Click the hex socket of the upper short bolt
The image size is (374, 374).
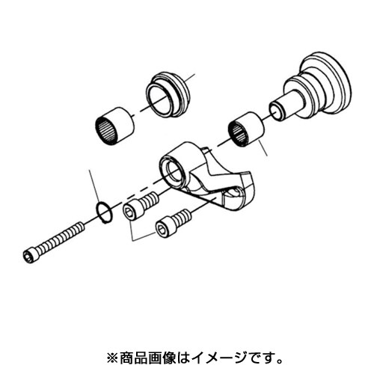[129, 212]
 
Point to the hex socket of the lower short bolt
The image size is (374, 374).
[161, 228]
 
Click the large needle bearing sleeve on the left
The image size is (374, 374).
[114, 125]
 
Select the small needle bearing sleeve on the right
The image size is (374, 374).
[246, 129]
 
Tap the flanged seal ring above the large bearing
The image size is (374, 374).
[168, 95]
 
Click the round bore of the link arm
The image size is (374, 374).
[174, 172]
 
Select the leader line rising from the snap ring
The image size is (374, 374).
[94, 186]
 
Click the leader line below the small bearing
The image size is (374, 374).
[263, 148]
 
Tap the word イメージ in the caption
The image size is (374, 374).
[218, 358]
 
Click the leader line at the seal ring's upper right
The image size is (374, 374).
[190, 77]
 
